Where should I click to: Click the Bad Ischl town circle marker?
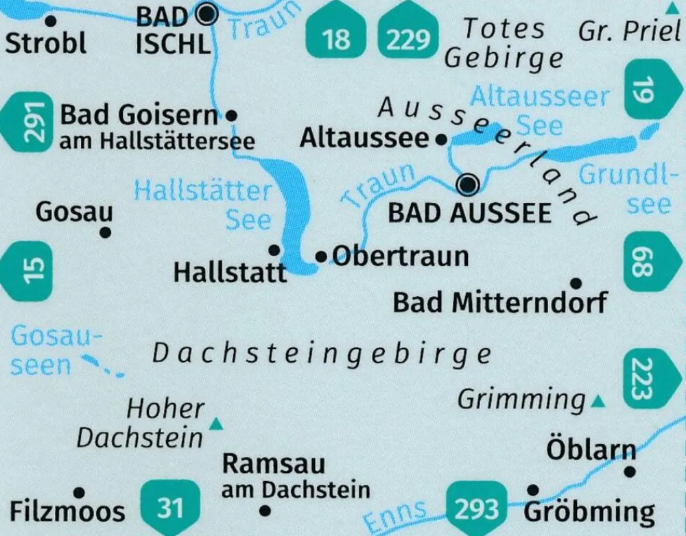206,13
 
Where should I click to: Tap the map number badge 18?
336,34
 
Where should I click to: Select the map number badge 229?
407,34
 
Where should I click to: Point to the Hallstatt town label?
230,273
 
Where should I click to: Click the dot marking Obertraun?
321,257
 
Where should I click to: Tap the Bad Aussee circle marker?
469,184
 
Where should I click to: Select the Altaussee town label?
364,139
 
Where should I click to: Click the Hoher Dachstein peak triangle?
217,424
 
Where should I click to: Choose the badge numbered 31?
169,508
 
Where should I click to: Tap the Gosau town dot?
105,233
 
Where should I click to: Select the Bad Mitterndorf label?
500,302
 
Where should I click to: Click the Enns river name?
397,515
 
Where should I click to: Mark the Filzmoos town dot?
79,492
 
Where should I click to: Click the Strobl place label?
46,42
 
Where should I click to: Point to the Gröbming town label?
589,512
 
